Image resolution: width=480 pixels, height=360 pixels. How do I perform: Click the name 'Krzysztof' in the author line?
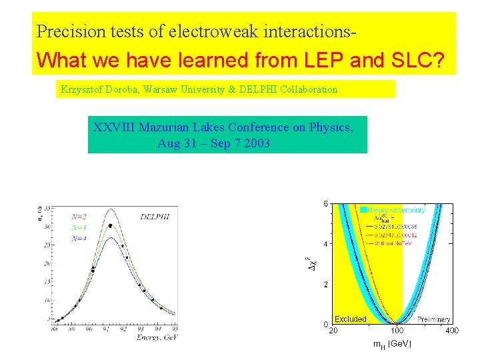tap(81, 89)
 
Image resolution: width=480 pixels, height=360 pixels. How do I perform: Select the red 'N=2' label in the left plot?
tap(79, 216)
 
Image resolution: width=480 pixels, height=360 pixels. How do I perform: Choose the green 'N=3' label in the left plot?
tap(79, 227)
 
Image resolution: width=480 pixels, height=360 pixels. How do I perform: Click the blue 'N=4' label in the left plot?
tap(79, 239)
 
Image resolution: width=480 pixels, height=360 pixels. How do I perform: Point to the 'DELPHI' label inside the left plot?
tap(154, 216)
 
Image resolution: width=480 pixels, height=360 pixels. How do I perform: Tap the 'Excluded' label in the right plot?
tap(350, 319)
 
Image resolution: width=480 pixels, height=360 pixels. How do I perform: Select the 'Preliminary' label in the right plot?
tap(434, 320)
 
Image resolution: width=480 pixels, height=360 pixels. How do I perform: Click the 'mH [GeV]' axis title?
tap(392, 344)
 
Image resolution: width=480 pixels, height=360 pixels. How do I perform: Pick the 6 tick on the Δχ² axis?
tap(325, 203)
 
